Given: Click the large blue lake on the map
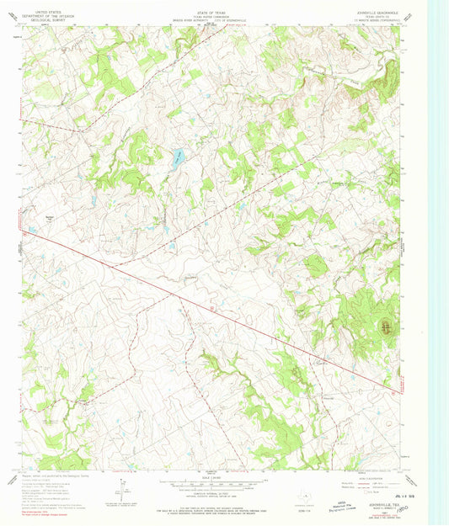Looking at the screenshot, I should (178, 157).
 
